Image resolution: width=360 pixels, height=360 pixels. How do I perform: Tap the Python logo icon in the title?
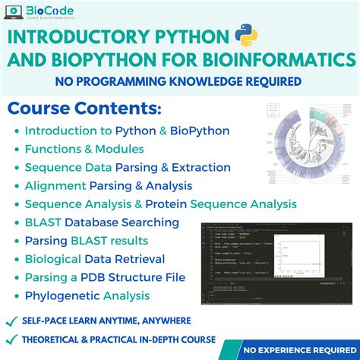[x=243, y=36]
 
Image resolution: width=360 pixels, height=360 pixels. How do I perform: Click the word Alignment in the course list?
[x=55, y=186]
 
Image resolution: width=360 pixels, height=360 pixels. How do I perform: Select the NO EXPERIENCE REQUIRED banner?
[x=302, y=350]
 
